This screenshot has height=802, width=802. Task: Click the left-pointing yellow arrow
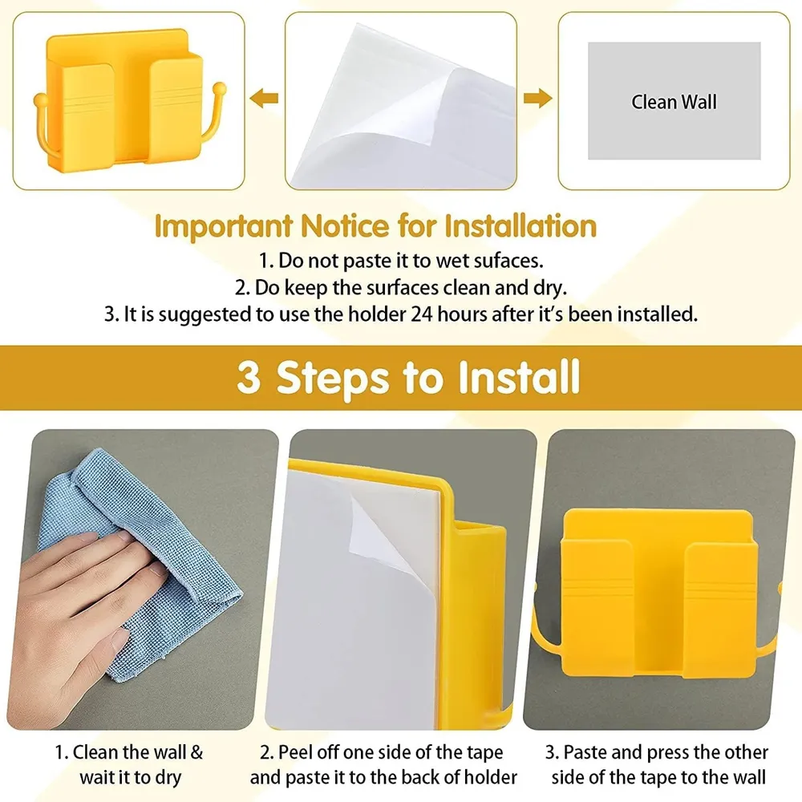(264, 98)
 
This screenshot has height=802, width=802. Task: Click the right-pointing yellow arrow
(538, 98)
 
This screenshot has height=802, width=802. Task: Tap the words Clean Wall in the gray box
(674, 102)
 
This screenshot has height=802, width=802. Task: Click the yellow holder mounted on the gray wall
(658, 593)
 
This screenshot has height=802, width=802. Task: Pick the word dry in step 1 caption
(168, 778)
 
